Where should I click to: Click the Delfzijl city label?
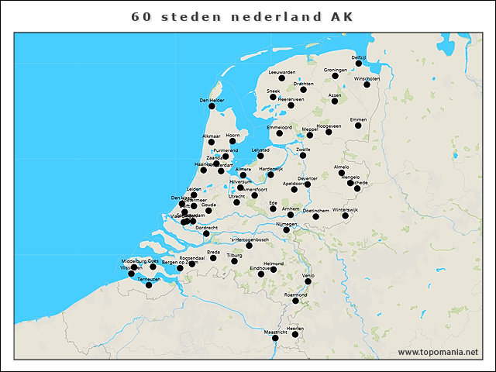358,57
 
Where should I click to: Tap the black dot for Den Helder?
212,106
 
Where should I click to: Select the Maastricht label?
276,332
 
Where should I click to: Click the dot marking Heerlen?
295,335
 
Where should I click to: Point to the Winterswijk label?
346,209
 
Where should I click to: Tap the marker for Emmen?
358,126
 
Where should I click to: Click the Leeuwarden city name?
281,72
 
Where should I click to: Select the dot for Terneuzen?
149,284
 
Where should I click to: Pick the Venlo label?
308,275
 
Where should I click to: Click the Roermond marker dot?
295,301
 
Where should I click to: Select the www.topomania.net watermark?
438,353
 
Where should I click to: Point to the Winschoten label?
367,79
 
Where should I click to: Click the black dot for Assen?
335,101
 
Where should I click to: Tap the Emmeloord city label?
279,127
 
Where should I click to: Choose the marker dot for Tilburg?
234,261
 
